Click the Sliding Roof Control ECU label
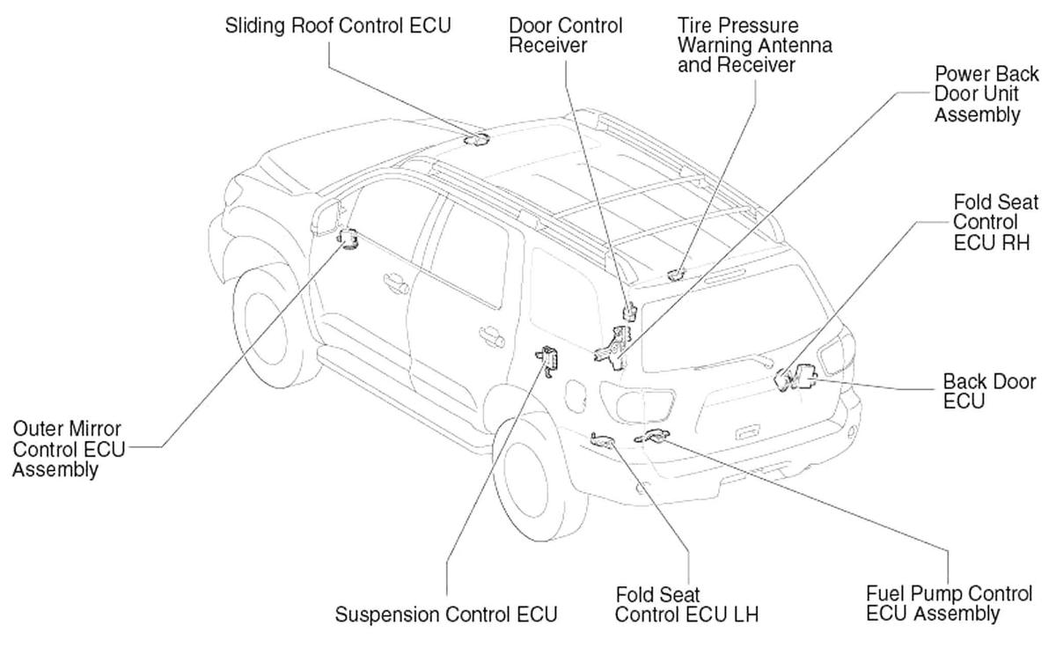tap(338, 26)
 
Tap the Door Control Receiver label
tap(566, 35)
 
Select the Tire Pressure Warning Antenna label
tap(755, 45)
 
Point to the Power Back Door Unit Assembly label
tap(986, 94)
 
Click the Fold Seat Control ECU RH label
tap(995, 222)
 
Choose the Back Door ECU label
tap(989, 391)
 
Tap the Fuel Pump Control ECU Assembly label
tap(949, 603)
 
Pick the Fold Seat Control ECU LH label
tap(686, 605)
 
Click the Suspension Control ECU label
tap(446, 615)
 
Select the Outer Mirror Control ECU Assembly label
tap(69, 449)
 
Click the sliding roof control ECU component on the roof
tap(476, 139)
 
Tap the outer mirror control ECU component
tap(348, 239)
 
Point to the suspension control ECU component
tap(547, 360)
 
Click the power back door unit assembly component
tap(613, 349)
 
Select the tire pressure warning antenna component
tap(677, 275)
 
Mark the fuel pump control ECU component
tap(653, 436)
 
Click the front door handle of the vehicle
tap(395, 283)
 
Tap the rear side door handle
tap(491, 336)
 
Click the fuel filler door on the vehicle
tap(576, 396)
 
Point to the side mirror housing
tap(326, 217)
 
